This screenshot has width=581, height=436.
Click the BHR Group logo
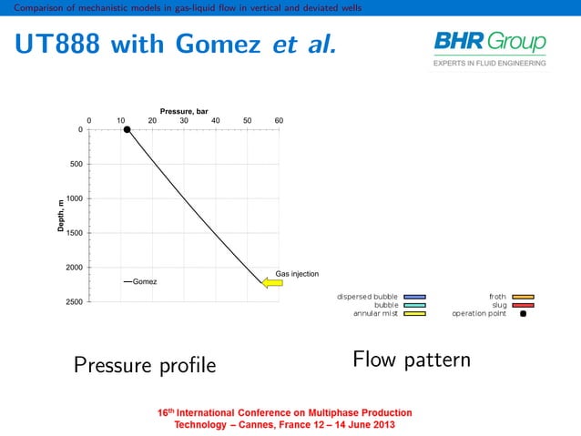pyautogui.click(x=490, y=48)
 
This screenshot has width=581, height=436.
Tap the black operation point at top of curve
pyautogui.click(x=127, y=129)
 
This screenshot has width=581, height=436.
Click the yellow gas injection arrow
pyautogui.click(x=272, y=283)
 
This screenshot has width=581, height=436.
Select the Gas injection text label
pyautogui.click(x=297, y=273)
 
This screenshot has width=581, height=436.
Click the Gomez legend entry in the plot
pyautogui.click(x=140, y=281)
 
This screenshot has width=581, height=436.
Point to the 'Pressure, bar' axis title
pyautogui.click(x=184, y=110)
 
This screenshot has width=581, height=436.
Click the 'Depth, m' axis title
pyautogui.click(x=61, y=215)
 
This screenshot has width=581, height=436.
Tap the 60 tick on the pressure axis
pyautogui.click(x=279, y=120)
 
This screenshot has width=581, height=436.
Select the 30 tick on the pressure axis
pyautogui.click(x=184, y=120)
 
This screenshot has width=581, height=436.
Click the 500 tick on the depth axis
pyautogui.click(x=75, y=164)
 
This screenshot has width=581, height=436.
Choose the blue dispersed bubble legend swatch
pyautogui.click(x=415, y=297)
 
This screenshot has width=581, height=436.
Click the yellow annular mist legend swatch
pyautogui.click(x=415, y=314)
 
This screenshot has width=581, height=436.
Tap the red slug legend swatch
pyautogui.click(x=522, y=306)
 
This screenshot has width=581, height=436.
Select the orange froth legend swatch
pyautogui.click(x=522, y=297)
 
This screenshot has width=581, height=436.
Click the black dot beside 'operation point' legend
pyautogui.click(x=522, y=314)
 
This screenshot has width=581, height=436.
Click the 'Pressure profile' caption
pyautogui.click(x=145, y=366)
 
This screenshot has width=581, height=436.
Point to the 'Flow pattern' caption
pyautogui.click(x=411, y=360)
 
